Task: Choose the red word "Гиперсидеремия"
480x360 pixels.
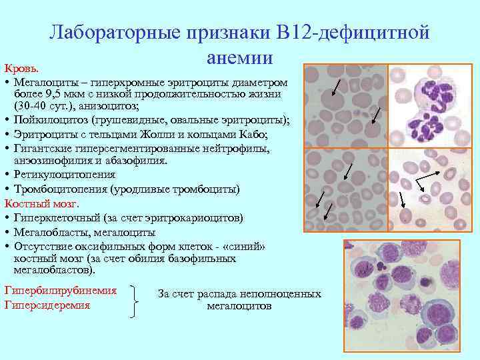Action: click(x=47, y=305)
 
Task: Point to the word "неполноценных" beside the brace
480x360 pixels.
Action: click(x=281, y=293)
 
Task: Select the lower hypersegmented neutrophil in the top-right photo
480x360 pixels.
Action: click(x=427, y=125)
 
